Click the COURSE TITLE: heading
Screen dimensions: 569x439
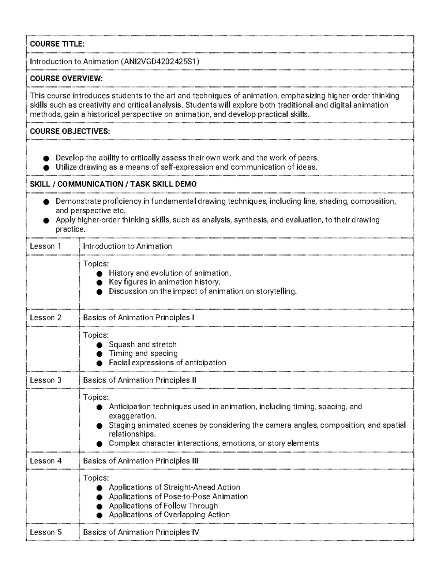coord(57,44)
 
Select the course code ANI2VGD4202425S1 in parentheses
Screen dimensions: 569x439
coord(160,62)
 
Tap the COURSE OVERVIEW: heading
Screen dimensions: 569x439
coord(66,78)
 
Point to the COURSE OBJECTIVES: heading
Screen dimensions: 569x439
coord(70,131)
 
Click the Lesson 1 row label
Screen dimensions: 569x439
coord(45,246)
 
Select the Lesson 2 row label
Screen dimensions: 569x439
coord(45,318)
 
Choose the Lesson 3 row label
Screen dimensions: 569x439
coord(45,380)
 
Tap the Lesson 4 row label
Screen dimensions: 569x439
coord(45,461)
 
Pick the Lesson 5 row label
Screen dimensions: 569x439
coord(45,532)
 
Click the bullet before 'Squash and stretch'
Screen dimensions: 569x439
coord(100,345)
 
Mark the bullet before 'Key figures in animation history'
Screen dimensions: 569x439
coord(100,282)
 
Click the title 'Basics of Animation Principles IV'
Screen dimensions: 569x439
coord(141,532)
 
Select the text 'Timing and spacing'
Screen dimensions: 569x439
coord(143,354)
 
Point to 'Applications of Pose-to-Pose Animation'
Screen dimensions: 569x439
coord(178,496)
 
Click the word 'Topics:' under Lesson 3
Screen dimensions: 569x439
coord(96,398)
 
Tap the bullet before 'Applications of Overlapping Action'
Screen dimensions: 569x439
coord(100,515)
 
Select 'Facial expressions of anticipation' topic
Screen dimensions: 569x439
coord(167,363)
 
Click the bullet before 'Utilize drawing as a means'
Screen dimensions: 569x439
coord(46,168)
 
